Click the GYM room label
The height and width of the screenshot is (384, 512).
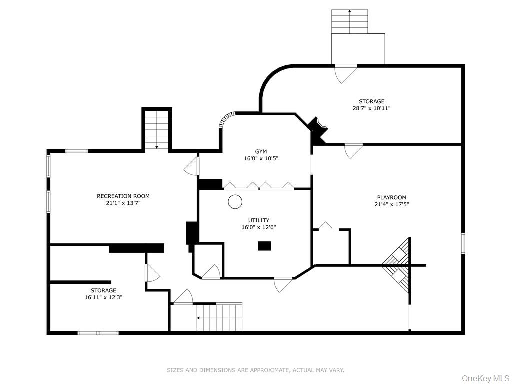261,151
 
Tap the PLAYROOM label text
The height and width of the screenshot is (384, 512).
391,197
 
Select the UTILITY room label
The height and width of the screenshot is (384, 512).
259,220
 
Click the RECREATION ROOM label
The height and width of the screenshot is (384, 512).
123,196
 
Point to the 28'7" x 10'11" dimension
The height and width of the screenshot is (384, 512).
371,108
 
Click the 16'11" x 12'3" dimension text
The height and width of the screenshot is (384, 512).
103,297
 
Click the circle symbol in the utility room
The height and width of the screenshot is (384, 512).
235,202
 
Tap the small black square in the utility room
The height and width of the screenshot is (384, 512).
264,246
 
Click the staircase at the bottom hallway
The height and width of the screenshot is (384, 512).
219,317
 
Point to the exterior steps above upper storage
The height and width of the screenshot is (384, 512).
349,21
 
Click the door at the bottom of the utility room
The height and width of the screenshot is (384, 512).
283,284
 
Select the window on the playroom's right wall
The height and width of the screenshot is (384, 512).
463,243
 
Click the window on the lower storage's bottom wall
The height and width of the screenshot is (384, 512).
98,333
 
